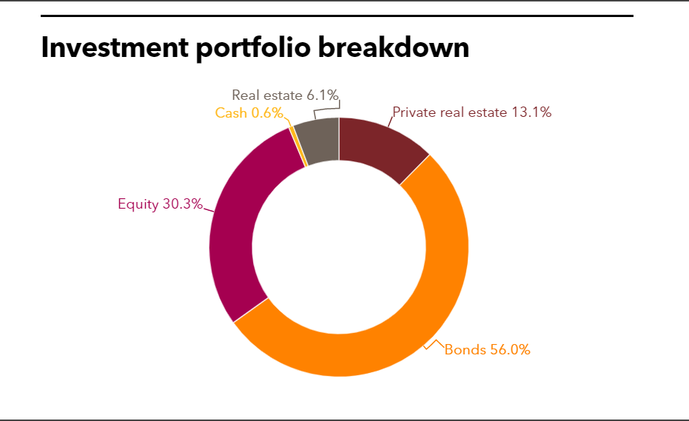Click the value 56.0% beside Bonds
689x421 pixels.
click(x=510, y=350)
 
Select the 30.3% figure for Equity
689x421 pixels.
click(x=182, y=204)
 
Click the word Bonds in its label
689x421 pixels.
click(x=465, y=350)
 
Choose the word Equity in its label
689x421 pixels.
click(x=138, y=204)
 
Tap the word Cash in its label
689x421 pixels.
click(x=231, y=113)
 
